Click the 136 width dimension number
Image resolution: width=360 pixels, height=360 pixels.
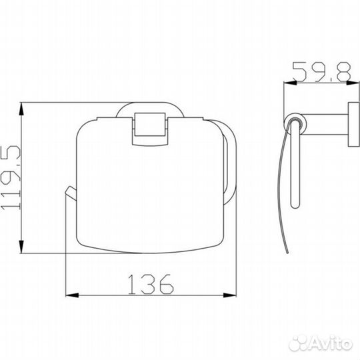(151, 284)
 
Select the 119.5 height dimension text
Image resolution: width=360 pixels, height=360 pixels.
(11, 177)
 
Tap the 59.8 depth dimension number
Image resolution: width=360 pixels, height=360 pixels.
(322, 72)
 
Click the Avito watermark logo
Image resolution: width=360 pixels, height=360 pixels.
(321, 343)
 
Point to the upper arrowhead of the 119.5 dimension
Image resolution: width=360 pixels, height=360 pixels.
(21, 109)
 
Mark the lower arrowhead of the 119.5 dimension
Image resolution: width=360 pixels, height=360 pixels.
(21, 247)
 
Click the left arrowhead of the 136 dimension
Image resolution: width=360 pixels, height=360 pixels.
(72, 295)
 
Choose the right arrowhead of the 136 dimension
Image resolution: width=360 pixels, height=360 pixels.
(229, 295)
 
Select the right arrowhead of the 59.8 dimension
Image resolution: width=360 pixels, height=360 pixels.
(353, 83)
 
